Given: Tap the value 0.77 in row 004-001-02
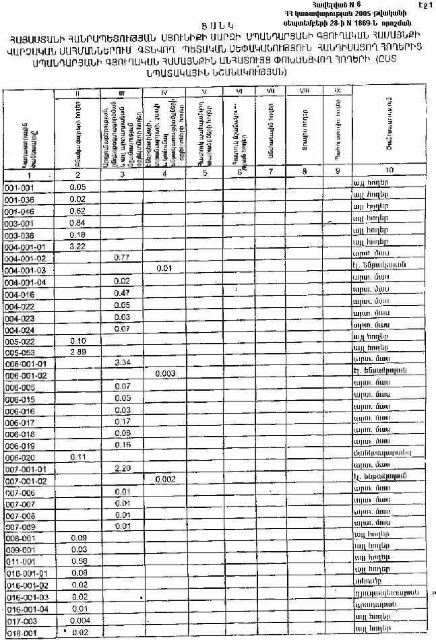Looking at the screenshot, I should pyautogui.click(x=122, y=258).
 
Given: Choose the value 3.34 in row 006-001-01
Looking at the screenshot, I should pyautogui.click(x=122, y=362).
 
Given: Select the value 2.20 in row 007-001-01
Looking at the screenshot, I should pyautogui.click(x=122, y=467).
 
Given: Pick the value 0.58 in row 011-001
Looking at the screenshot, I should pyautogui.click(x=77, y=561).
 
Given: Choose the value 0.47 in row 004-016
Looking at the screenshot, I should pyautogui.click(x=122, y=293).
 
